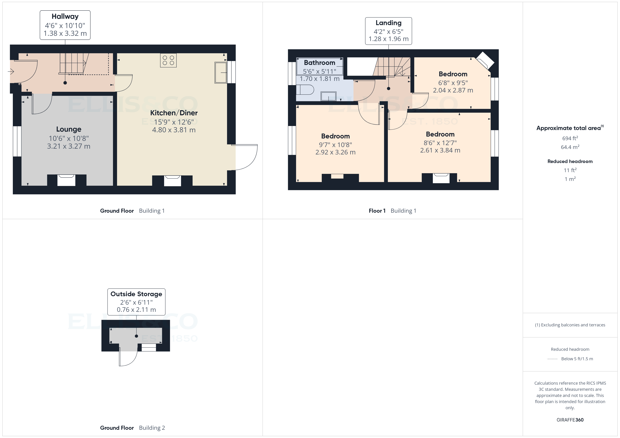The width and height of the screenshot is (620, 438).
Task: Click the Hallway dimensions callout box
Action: click(65, 25)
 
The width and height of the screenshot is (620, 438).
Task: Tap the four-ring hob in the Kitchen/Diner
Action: click(168, 60)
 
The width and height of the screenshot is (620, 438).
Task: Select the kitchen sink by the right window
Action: click(221, 72)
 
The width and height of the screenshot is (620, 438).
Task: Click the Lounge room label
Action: click(69, 129)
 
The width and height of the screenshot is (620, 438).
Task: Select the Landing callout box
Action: click(388, 31)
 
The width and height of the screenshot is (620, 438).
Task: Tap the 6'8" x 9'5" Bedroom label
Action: click(453, 74)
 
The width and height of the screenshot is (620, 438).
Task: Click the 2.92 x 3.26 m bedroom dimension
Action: click(335, 152)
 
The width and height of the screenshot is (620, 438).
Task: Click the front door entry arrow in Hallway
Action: click(11, 71)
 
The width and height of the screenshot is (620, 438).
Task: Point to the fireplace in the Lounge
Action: click(66, 180)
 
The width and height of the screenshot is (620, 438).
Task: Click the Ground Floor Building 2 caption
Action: click(132, 428)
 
